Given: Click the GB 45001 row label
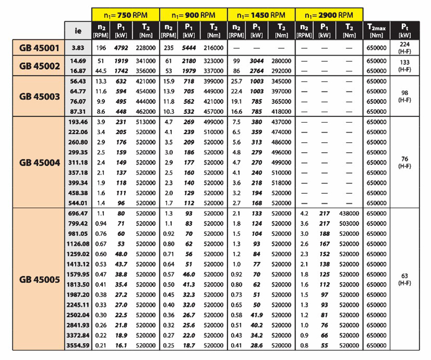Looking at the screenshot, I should tap(40, 48).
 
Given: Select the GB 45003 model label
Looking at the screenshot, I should tap(40, 96).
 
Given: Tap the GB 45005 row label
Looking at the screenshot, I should tap(40, 279).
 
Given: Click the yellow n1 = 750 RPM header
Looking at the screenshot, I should tap(126, 14).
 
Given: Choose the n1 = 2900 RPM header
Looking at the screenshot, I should tap(329, 14).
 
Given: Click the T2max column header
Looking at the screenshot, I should tap(375, 29).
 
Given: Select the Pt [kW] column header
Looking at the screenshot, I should tap(406, 29).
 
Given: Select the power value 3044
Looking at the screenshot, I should tap(257, 61).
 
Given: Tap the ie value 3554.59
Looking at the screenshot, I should tap(76, 345).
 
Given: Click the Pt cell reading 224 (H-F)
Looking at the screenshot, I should tap(406, 48).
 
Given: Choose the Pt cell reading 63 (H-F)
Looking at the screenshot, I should tap(406, 279).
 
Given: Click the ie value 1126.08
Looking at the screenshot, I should tap(76, 244).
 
